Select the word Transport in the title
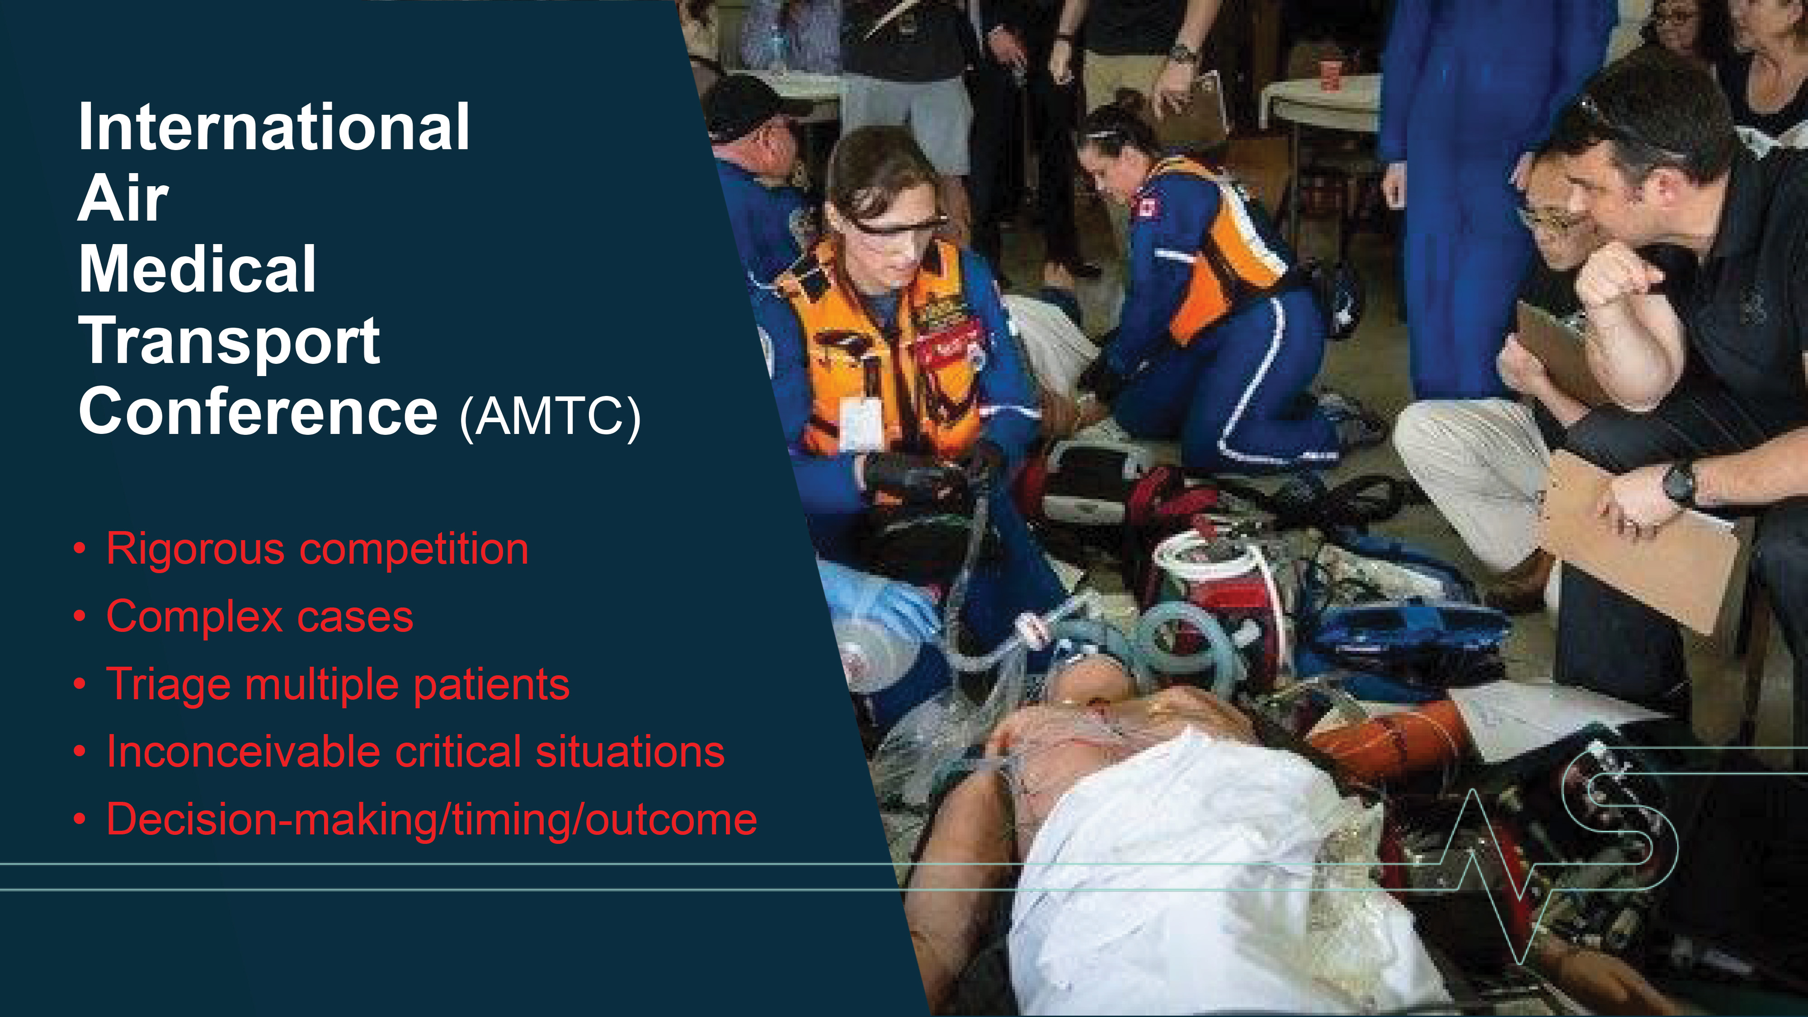point(230,342)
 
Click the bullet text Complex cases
point(260,617)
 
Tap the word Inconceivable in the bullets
point(243,752)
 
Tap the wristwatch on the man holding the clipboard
point(1679,484)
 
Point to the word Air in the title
point(123,198)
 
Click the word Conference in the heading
point(258,411)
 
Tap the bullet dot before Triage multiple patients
point(81,684)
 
